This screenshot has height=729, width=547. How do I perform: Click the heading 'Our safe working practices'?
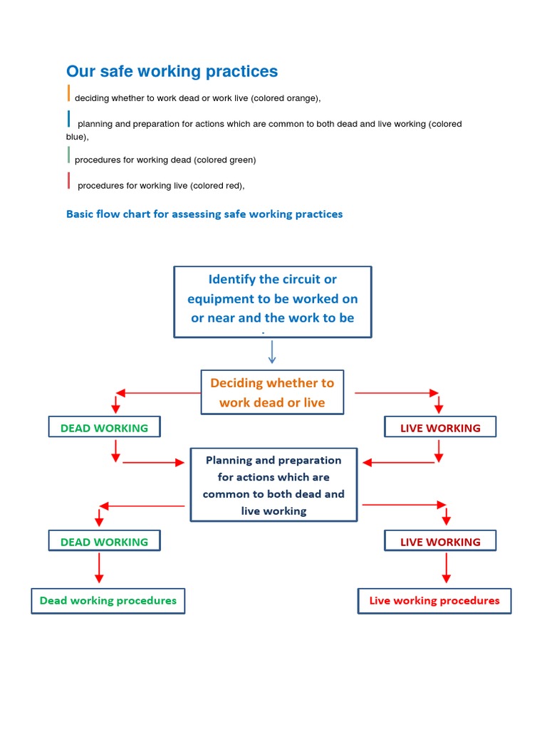pos(172,72)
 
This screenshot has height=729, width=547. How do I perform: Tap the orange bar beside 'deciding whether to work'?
pos(69,93)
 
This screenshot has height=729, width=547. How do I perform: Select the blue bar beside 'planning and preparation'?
pos(69,119)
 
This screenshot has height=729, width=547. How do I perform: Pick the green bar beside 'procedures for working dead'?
pos(69,154)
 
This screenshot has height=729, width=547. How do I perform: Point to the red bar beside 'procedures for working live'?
pos(69,181)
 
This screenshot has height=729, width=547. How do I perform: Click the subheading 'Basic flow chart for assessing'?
pos(204,214)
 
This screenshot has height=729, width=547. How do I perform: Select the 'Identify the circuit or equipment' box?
pos(273,301)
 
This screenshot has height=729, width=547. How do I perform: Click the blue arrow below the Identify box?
pos(272,352)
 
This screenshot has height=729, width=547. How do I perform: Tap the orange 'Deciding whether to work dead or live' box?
pos(272,392)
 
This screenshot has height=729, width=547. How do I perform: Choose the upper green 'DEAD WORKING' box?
pos(104,428)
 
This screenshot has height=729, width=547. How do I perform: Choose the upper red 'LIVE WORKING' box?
pos(440,428)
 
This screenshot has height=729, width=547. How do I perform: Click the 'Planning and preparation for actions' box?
pos(273,485)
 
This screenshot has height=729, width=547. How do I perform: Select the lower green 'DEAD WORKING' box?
pos(104,542)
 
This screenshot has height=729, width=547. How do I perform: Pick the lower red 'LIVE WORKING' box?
pos(440,542)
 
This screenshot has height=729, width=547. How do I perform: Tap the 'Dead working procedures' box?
pos(108,601)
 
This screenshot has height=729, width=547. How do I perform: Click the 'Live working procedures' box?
pos(434,601)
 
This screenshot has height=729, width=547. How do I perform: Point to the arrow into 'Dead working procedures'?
pos(99,569)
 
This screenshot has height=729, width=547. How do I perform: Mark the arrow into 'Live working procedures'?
pos(447,569)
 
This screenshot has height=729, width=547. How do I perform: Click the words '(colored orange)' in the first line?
pos(285,98)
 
